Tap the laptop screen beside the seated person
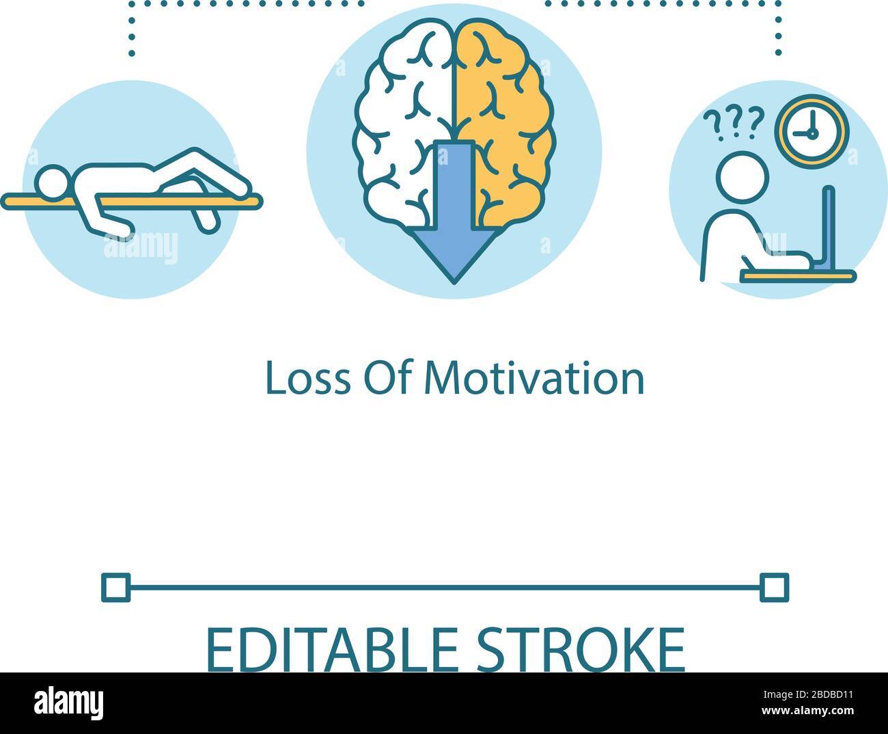point(829,229)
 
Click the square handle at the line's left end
point(115,587)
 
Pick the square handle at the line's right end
point(774,587)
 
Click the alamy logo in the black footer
point(68,703)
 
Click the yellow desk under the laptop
point(797,275)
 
